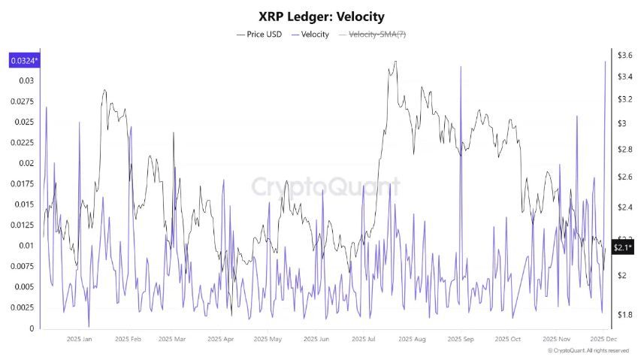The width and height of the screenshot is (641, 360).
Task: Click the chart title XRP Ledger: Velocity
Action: [320, 16]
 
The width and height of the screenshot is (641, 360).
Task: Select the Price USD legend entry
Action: [259, 35]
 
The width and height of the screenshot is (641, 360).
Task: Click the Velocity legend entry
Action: [309, 35]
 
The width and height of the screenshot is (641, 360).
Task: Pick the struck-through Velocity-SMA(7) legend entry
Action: [373, 35]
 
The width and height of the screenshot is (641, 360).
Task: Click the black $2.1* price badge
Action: [622, 247]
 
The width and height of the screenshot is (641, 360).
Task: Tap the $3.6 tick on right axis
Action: [624, 56]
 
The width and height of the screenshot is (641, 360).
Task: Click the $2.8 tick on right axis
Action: [624, 150]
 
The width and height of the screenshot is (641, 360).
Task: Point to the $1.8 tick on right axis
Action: [624, 315]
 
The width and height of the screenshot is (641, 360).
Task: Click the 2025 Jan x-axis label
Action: [79, 339]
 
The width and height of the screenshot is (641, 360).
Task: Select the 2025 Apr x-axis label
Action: [220, 339]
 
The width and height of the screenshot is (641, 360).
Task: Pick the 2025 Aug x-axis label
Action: [413, 339]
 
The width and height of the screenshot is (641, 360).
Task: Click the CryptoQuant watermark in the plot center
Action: [325, 186]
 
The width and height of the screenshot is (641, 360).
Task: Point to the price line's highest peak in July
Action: [395, 62]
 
